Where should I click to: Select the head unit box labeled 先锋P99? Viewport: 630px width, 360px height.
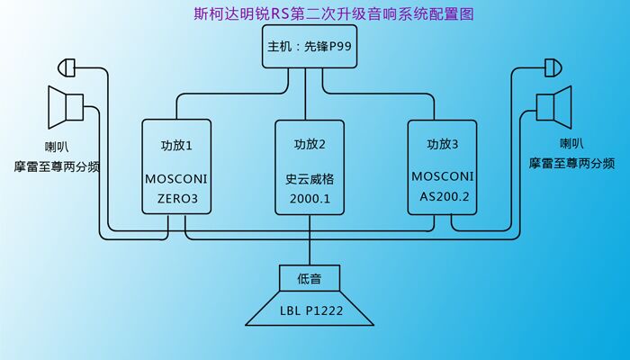(309, 48)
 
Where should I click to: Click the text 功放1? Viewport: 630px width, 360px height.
(177, 144)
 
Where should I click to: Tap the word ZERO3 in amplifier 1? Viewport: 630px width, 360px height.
(177, 198)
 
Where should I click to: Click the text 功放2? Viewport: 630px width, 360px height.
(310, 144)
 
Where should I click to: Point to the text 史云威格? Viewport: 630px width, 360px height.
(310, 178)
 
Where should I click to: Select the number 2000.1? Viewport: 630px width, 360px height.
(310, 198)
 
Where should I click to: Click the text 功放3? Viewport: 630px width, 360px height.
(443, 144)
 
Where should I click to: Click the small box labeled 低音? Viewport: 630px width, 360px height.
(310, 279)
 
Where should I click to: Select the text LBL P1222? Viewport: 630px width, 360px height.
(310, 310)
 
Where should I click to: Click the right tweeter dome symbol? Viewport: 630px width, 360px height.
(555, 67)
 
